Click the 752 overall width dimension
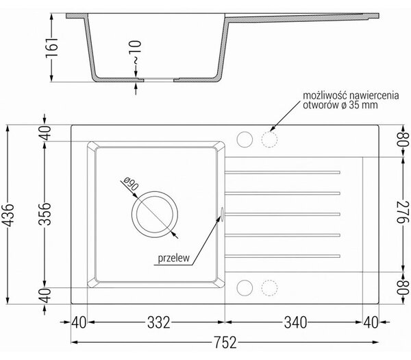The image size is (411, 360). [225, 342]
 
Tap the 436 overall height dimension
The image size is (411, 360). [9, 215]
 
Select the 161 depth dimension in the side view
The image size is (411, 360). [51, 48]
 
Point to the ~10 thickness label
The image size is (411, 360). [136, 53]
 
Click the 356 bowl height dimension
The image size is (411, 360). [45, 214]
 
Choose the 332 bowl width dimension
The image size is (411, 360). [159, 322]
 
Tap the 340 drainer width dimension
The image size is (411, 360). [295, 322]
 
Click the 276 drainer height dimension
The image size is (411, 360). [402, 212]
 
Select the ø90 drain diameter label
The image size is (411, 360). [131, 183]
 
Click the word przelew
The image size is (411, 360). [173, 258]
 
